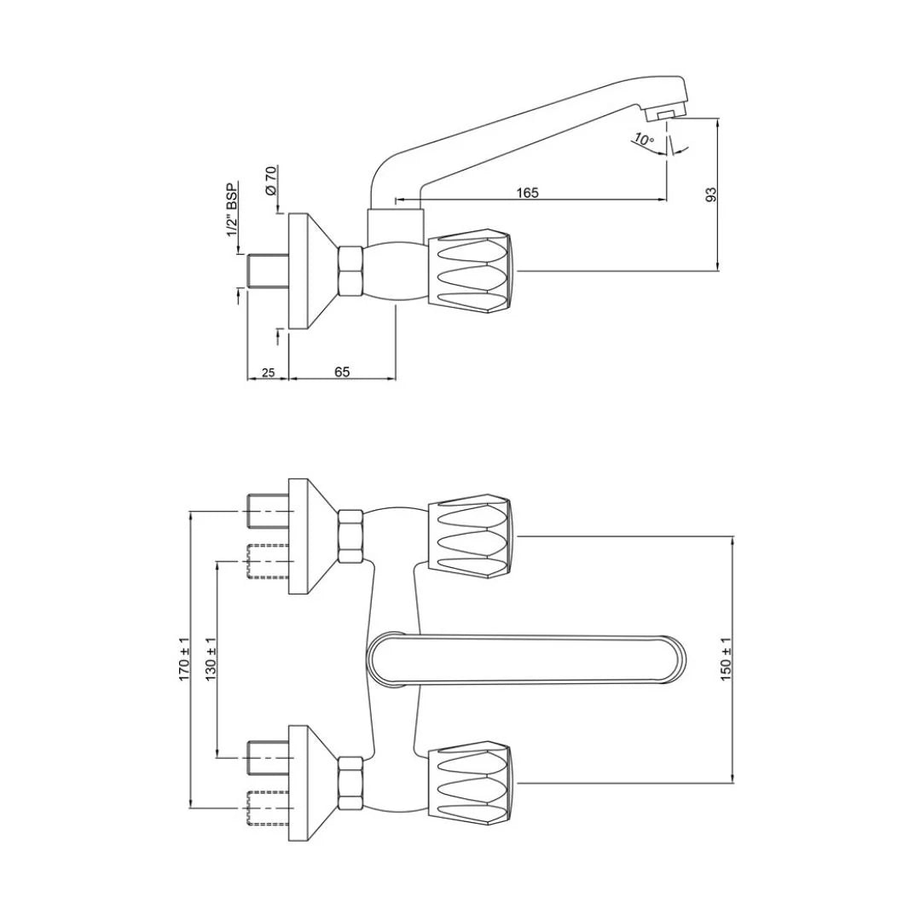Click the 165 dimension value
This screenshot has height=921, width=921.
(x=528, y=194)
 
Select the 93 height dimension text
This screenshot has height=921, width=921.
(x=712, y=194)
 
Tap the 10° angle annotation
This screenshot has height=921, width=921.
(x=644, y=140)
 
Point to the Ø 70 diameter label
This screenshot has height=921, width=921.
(x=270, y=181)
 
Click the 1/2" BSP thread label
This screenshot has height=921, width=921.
(x=232, y=210)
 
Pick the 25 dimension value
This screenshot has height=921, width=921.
(x=268, y=372)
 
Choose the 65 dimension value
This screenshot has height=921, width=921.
(x=342, y=372)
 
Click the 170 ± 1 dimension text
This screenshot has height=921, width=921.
(x=185, y=657)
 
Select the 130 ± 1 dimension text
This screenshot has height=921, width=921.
(x=211, y=657)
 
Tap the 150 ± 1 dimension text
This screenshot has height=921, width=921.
(x=727, y=657)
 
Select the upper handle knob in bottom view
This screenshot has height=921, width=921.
(x=472, y=536)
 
